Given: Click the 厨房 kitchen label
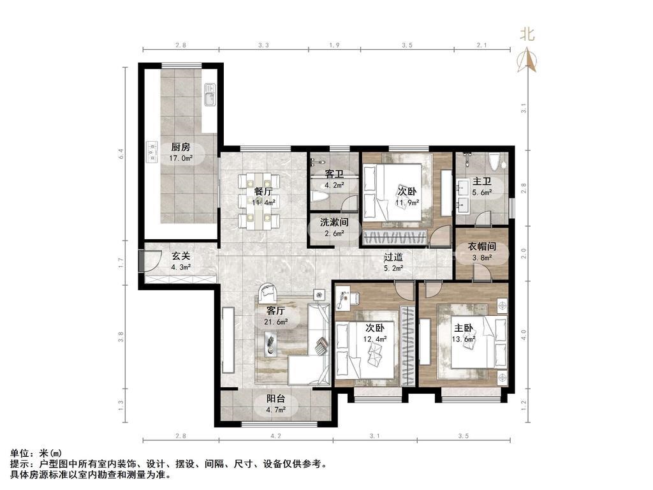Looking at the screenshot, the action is click(x=180, y=147).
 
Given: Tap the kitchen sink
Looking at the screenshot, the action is click(x=209, y=96).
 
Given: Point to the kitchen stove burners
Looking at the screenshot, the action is click(x=152, y=152).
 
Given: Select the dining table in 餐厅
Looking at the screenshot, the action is click(x=259, y=201).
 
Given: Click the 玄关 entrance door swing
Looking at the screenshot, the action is click(x=152, y=260).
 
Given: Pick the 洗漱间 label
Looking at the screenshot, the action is click(x=334, y=222).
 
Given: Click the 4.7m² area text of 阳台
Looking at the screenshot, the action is click(x=276, y=410).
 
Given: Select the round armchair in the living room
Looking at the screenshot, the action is click(x=268, y=292).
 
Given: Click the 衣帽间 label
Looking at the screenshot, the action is click(x=482, y=247).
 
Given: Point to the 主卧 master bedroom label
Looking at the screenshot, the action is click(x=464, y=328).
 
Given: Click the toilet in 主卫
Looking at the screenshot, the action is click(x=495, y=162).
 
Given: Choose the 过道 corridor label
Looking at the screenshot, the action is click(x=393, y=258).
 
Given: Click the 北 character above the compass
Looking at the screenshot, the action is click(x=527, y=34).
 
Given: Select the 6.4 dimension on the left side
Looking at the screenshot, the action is click(x=121, y=154).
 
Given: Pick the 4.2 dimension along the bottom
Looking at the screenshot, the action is click(x=276, y=436).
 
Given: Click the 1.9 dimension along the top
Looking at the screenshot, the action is click(x=334, y=45).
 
